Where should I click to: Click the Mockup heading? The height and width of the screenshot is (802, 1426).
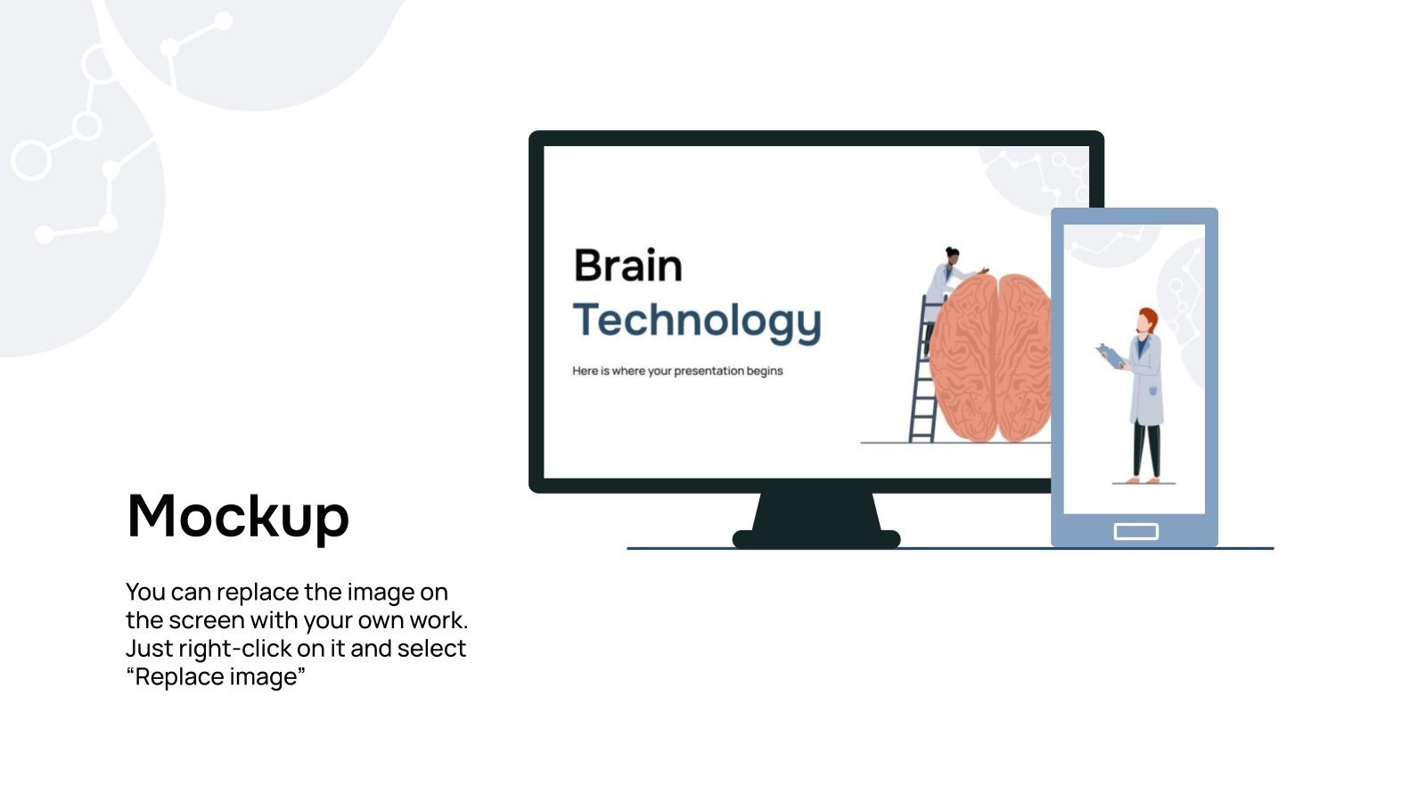tap(238, 516)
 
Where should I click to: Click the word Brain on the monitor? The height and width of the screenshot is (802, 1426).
tap(627, 266)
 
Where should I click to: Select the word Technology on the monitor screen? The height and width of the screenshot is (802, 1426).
tap(696, 321)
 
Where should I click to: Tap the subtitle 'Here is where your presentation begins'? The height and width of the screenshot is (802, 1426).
tap(677, 371)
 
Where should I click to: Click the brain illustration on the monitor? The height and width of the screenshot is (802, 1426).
tap(989, 356)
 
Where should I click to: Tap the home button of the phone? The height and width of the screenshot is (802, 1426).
tap(1135, 531)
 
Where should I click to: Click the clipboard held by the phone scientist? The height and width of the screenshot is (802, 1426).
tap(1110, 355)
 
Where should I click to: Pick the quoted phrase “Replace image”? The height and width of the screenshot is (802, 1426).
tap(216, 677)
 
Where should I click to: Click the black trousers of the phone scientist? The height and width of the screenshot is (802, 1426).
tap(1146, 450)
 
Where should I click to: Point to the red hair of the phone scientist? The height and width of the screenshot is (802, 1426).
tap(1150, 317)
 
